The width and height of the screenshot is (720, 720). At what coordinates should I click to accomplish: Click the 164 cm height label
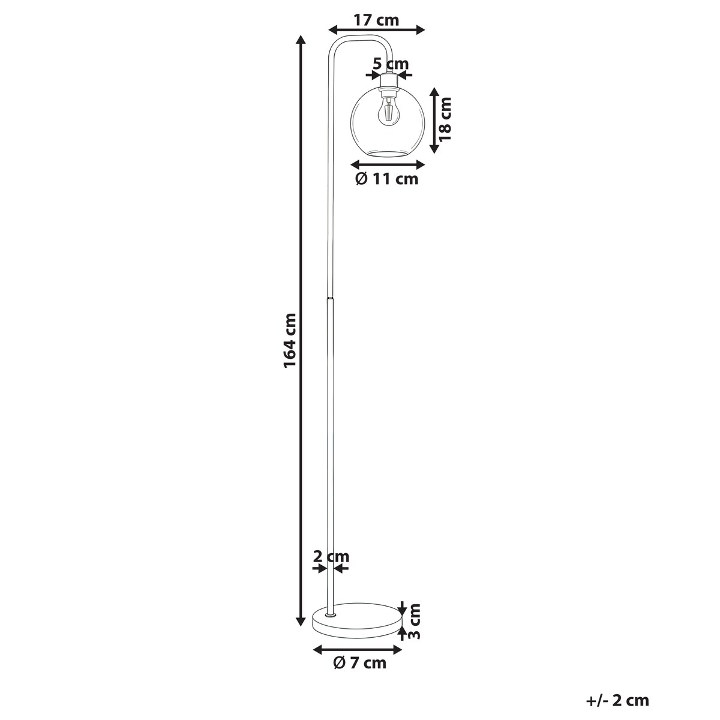tap(290, 341)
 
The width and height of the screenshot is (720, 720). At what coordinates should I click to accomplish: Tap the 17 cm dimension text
tap(376, 20)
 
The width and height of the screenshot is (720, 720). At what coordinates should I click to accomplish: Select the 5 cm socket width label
tap(391, 64)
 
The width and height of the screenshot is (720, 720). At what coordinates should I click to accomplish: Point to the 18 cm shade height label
tap(445, 119)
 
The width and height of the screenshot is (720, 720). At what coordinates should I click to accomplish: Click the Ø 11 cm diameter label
tap(387, 179)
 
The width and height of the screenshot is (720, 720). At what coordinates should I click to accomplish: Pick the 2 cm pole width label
tap(331, 567)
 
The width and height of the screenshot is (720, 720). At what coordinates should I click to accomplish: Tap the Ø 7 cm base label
tap(359, 663)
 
